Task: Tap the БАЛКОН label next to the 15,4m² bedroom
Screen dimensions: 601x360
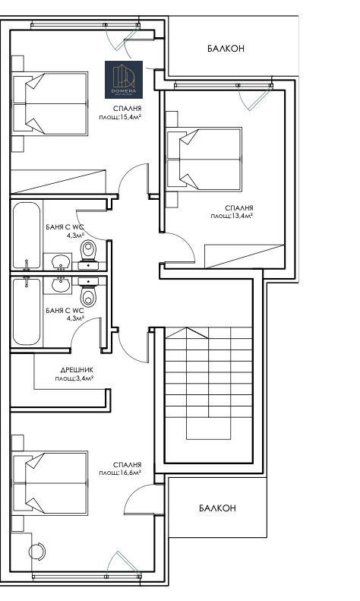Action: click(226, 48)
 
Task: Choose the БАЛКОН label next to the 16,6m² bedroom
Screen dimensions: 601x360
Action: click(217, 508)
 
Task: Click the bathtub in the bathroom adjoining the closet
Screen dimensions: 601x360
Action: click(27, 312)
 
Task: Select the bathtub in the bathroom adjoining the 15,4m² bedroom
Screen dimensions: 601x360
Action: click(27, 236)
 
